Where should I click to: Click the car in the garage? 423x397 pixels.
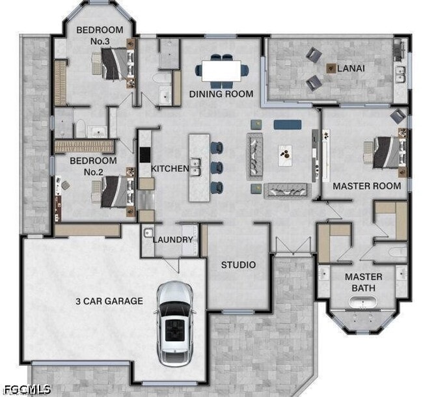point(175,323)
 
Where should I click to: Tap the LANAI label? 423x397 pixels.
point(351,68)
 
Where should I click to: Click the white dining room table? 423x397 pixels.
point(221,71)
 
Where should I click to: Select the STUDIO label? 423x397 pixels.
point(238,265)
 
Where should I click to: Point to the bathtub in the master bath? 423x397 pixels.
point(363,302)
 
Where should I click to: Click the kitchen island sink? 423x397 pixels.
point(195,167)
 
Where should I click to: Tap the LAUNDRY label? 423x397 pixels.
point(173,240)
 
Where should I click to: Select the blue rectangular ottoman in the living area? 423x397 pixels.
point(287,124)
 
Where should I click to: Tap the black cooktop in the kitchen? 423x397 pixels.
point(145,155)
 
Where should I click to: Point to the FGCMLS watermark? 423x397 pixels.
point(27,389)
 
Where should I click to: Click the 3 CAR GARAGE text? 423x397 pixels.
point(109,301)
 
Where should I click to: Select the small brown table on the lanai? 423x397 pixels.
point(331,68)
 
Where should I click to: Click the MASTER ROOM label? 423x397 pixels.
point(366,186)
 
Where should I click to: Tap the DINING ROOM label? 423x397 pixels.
point(221,94)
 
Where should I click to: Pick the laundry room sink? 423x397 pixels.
point(148,232)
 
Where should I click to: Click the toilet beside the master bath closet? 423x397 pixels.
point(398,252)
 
